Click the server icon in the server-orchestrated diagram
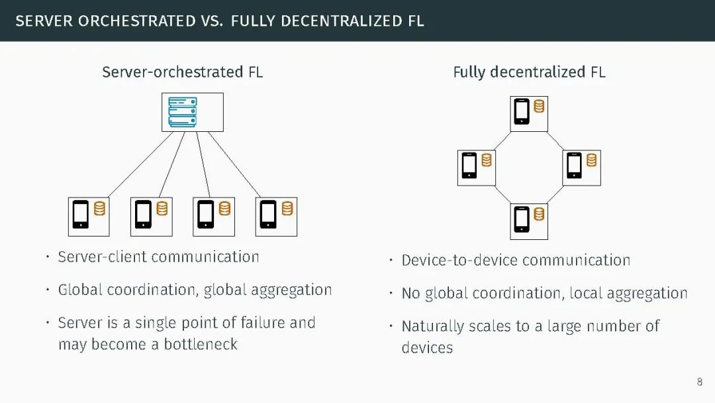[x=182, y=112]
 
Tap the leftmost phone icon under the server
[x=81, y=214]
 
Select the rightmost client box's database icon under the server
[x=287, y=209]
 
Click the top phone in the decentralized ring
[x=522, y=111]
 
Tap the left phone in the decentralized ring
[x=469, y=165]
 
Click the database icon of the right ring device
[x=591, y=160]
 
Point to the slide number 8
[x=700, y=382]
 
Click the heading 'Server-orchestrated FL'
[x=182, y=72]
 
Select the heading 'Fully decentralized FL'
[x=529, y=72]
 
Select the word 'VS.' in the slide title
[x=209, y=21]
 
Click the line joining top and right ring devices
[x=562, y=141]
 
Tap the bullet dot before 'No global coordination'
[x=391, y=294]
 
